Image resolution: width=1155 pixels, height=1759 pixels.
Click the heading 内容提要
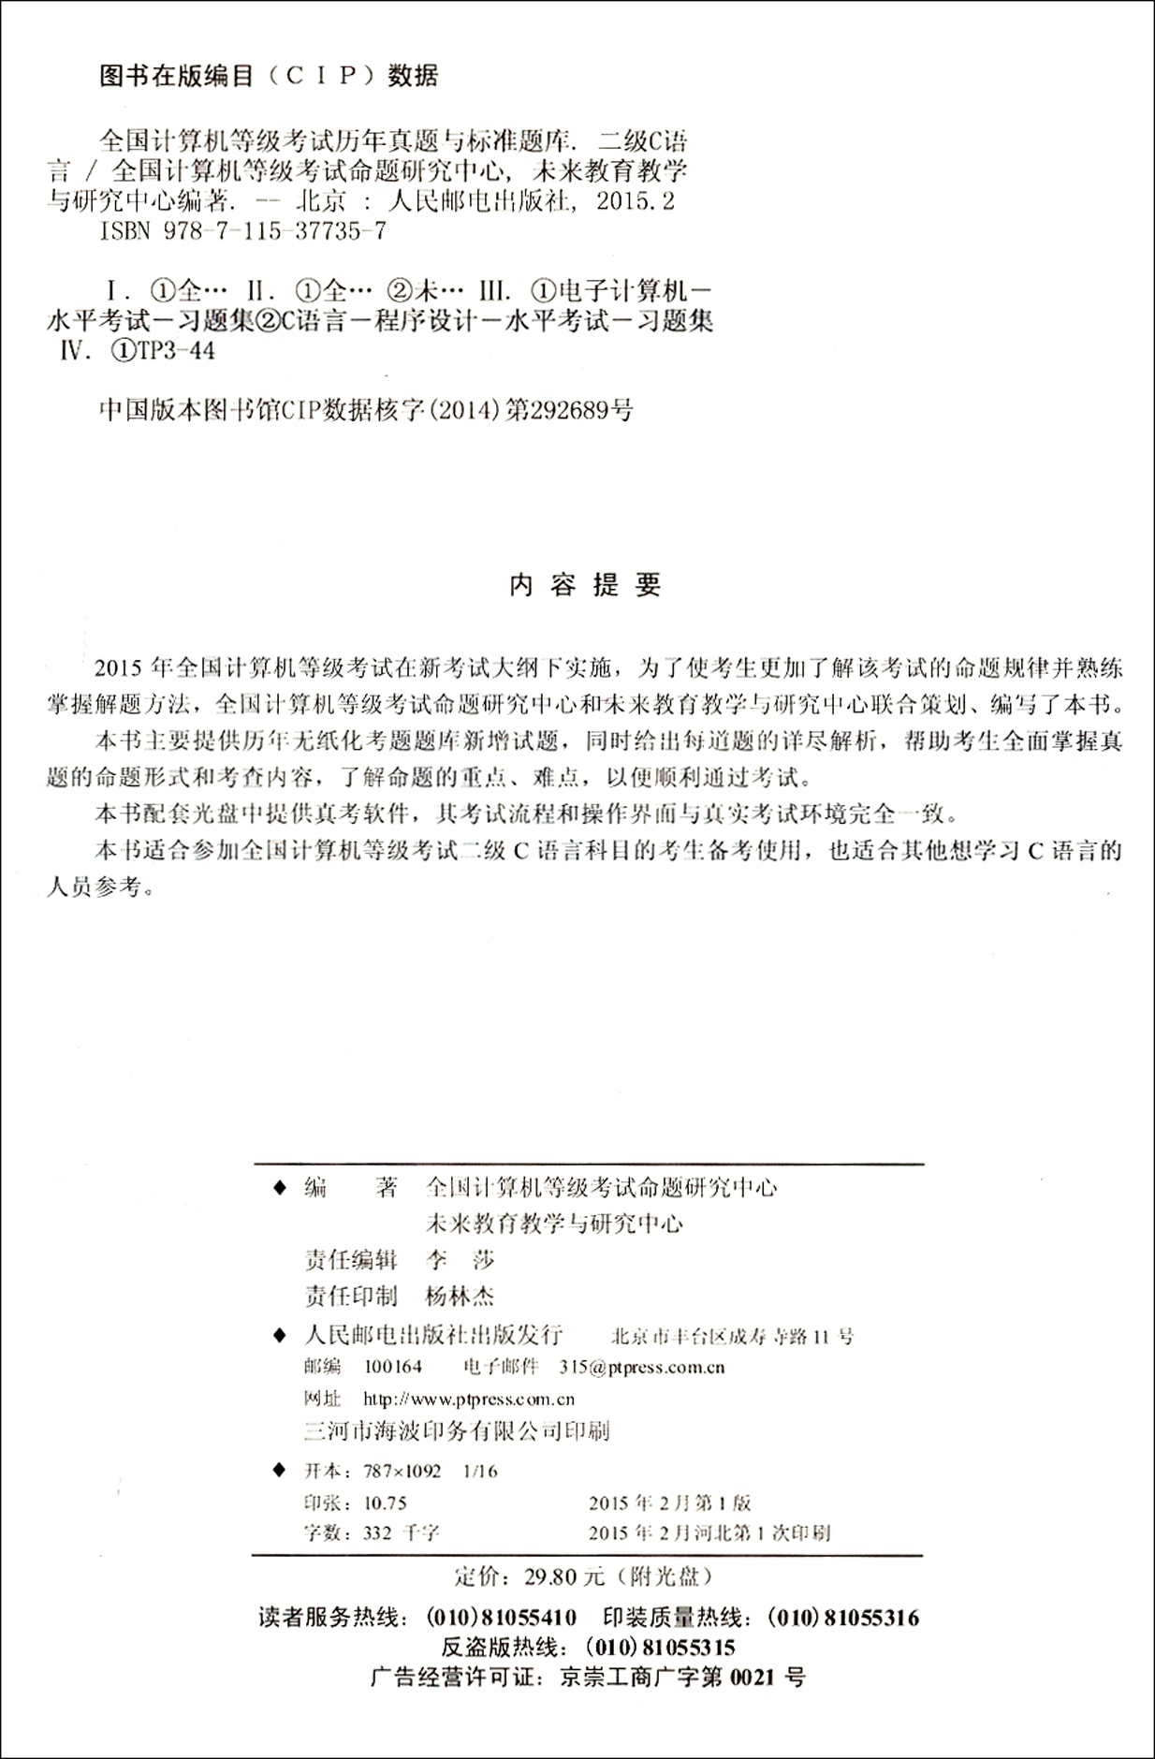(586, 585)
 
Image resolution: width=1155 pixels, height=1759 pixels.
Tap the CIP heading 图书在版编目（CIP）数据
(269, 76)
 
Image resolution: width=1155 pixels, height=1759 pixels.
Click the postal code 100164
(393, 1367)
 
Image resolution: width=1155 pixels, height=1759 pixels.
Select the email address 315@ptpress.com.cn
(642, 1367)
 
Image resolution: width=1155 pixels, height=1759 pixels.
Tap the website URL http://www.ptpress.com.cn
(468, 1400)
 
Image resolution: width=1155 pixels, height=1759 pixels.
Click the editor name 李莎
(460, 1260)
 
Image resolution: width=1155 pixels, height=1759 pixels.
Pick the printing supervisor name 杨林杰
(460, 1297)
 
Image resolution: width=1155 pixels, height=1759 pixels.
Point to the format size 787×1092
(402, 1471)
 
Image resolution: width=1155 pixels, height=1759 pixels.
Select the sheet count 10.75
(385, 1502)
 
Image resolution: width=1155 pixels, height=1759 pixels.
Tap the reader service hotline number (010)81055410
(501, 1618)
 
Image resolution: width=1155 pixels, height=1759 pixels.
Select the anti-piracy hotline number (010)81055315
(660, 1648)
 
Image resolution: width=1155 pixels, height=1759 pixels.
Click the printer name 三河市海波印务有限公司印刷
(458, 1430)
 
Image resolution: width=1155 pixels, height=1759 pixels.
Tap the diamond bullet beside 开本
(278, 1470)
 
